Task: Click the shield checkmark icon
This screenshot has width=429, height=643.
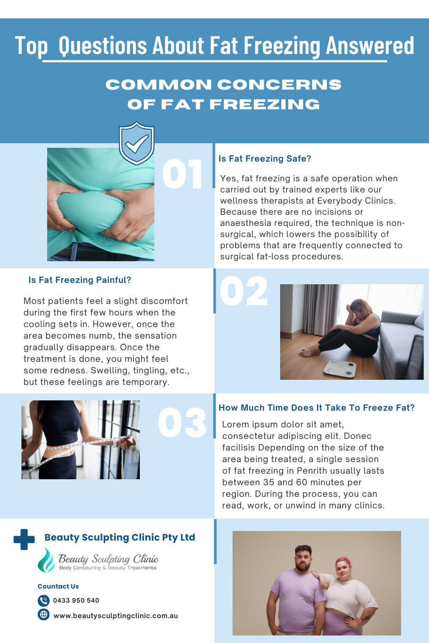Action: tap(136, 144)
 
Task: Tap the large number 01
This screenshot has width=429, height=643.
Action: tap(182, 174)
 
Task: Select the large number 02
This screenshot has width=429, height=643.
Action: tap(244, 291)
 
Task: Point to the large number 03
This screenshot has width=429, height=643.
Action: tap(182, 423)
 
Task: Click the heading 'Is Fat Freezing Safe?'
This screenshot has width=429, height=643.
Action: tap(265, 159)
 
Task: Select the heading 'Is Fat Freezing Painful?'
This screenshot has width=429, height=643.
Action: tap(80, 280)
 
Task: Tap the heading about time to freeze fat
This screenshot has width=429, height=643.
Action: tap(317, 408)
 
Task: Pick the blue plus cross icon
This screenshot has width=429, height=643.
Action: tap(24, 539)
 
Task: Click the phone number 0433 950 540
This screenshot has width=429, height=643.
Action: tap(76, 601)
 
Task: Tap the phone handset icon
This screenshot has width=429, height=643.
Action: tap(43, 601)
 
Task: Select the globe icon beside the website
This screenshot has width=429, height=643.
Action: tap(43, 614)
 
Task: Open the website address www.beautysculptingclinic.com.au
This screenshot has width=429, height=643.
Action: tap(115, 616)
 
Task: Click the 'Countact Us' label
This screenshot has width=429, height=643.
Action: tap(58, 586)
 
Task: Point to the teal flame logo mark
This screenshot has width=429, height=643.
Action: tap(46, 560)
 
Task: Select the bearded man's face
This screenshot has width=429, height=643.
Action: tap(303, 558)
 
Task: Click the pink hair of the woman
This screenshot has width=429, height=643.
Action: tap(344, 561)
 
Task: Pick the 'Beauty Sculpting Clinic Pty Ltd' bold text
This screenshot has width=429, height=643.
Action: tap(120, 537)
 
